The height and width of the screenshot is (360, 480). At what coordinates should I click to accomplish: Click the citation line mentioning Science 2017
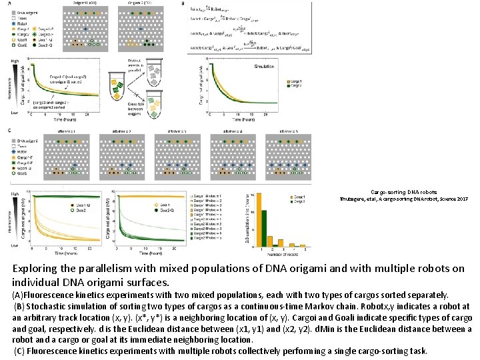pos(420,199)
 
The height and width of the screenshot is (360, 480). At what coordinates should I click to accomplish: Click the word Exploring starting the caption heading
pos(35,269)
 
